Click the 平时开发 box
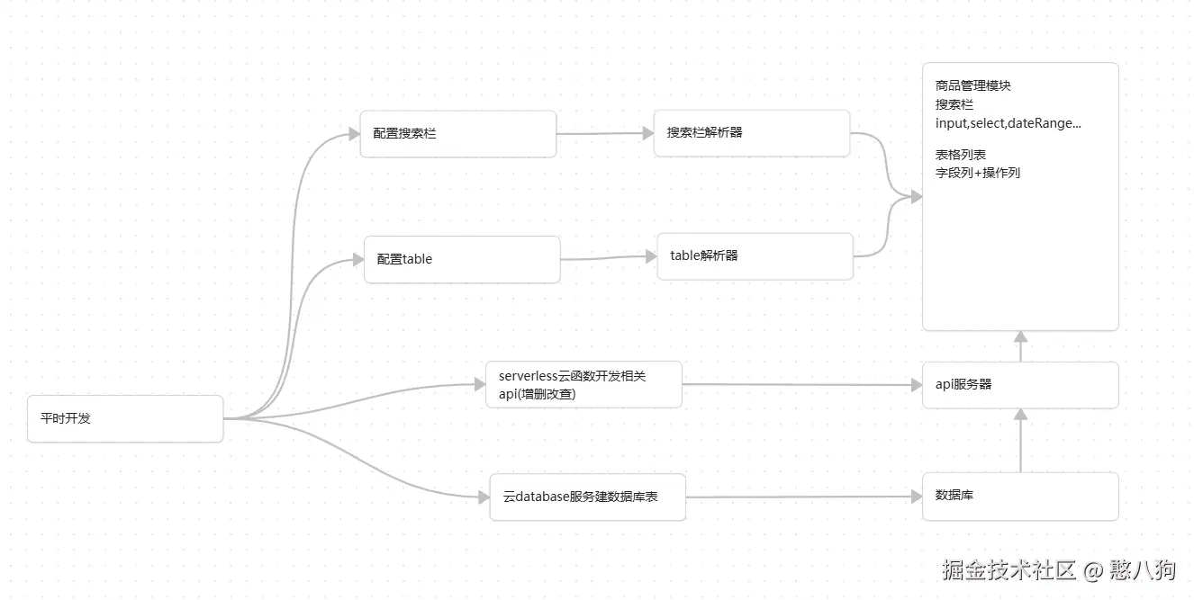click(125, 418)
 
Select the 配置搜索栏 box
click(457, 134)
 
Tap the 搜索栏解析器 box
click(752, 133)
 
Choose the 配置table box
click(462, 259)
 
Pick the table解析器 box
click(755, 256)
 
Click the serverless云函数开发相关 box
click(583, 385)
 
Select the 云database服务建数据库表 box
click(587, 497)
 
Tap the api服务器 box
click(1020, 385)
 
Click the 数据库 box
click(1020, 496)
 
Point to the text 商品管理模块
click(973, 86)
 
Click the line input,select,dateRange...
click(1009, 123)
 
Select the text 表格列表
click(961, 155)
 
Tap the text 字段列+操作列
click(978, 173)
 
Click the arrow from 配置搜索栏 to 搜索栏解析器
click(605, 134)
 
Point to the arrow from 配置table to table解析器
click(609, 258)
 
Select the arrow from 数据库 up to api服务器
click(1020, 441)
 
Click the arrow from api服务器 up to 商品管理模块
click(1020, 346)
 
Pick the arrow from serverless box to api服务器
click(801, 385)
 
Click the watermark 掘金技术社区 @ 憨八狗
click(1059, 569)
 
